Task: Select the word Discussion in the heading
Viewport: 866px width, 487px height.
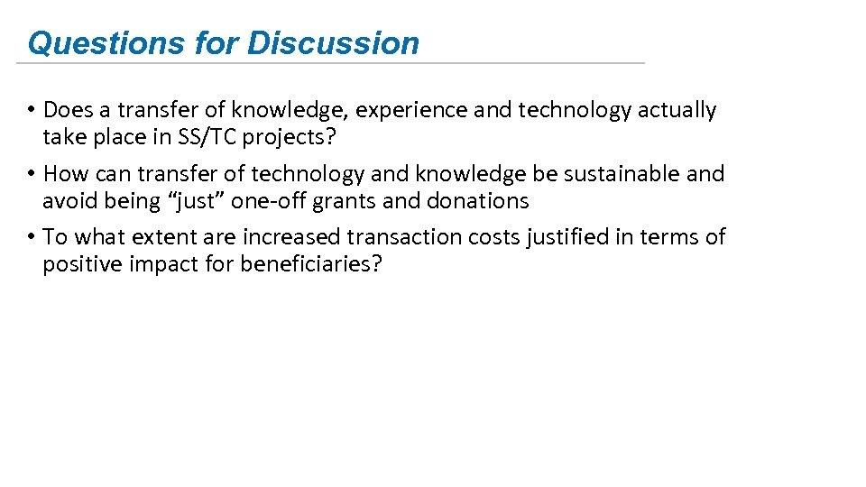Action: [x=334, y=43]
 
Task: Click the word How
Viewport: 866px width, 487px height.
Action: [x=62, y=173]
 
